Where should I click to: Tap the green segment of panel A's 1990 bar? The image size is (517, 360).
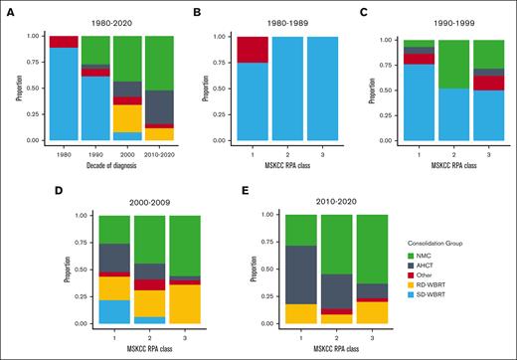[x=95, y=50]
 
